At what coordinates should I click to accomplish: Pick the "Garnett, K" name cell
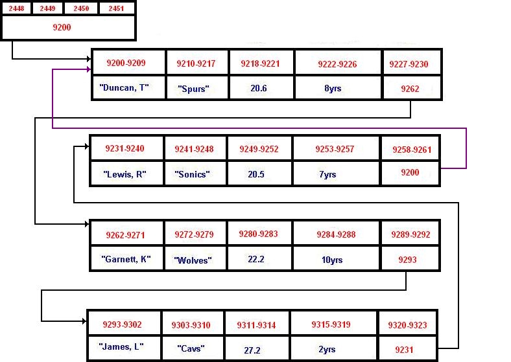(x=126, y=259)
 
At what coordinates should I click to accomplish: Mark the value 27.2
(x=252, y=350)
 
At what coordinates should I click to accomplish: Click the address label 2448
(x=16, y=8)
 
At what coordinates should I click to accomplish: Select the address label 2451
(x=116, y=8)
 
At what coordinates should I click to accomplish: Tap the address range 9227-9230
(x=409, y=64)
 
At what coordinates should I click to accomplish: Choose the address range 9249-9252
(x=259, y=149)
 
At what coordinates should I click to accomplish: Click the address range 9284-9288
(x=336, y=234)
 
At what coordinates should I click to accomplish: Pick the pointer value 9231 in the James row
(x=404, y=350)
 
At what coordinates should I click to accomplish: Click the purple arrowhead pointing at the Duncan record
(x=88, y=69)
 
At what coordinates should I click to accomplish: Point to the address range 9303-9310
(x=191, y=325)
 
